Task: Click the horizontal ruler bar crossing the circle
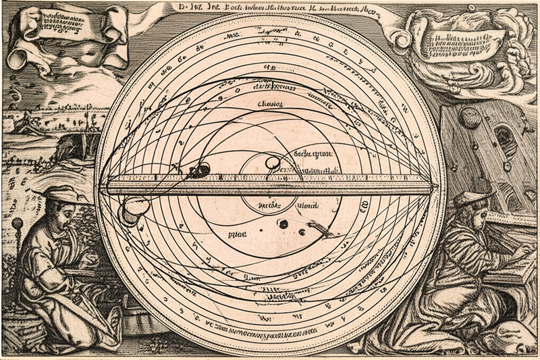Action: [270, 184]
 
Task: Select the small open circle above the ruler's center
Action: [272, 163]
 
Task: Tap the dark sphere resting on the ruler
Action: [200, 171]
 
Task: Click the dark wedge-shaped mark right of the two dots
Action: [321, 232]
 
